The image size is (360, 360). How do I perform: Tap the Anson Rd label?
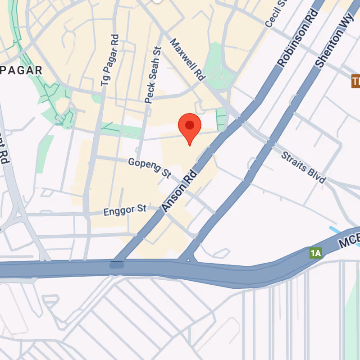point(180,191)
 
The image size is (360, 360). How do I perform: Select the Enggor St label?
point(125,210)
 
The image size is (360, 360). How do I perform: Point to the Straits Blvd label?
point(303,167)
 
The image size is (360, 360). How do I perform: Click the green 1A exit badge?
point(316,253)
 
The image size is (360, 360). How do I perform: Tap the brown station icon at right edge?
point(355,82)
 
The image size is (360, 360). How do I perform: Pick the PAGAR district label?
point(21,70)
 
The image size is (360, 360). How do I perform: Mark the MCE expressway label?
point(349,240)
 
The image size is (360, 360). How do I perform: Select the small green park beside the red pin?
point(221,118)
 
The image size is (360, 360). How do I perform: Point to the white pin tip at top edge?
point(157,1)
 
